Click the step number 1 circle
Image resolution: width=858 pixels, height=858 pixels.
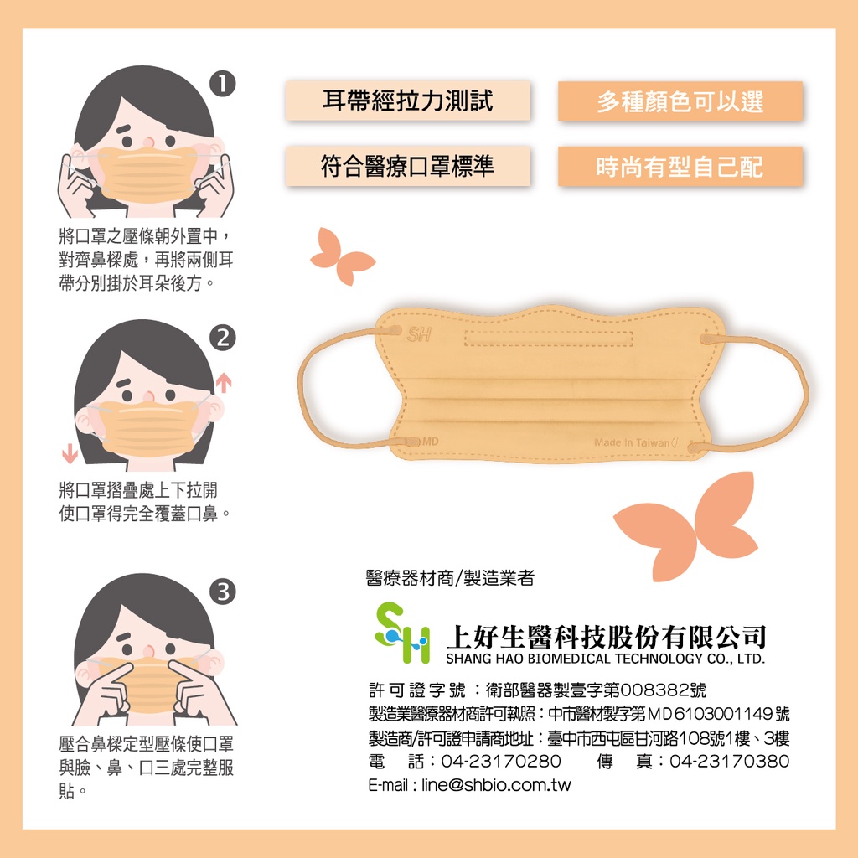pyautogui.click(x=223, y=84)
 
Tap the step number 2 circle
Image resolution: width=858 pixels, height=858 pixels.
pyautogui.click(x=223, y=338)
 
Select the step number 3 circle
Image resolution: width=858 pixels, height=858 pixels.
pyautogui.click(x=223, y=592)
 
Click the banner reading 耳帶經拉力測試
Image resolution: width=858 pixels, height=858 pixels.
pyautogui.click(x=407, y=101)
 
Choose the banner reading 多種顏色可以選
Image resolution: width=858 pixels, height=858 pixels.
pyautogui.click(x=680, y=101)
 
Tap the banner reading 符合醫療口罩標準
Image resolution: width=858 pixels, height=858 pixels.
pyautogui.click(x=407, y=166)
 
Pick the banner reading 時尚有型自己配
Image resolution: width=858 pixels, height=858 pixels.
pyautogui.click(x=680, y=167)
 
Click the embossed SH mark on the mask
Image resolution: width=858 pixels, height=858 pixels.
pyautogui.click(x=419, y=334)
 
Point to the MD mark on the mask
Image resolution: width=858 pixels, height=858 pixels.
pyautogui.click(x=431, y=442)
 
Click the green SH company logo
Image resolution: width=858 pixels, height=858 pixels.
pyautogui.click(x=402, y=633)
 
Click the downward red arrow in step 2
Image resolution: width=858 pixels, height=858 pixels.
pyautogui.click(x=70, y=453)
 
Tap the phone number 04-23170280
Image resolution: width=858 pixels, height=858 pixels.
pyautogui.click(x=501, y=761)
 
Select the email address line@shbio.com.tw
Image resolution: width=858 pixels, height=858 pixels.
pyautogui.click(x=496, y=785)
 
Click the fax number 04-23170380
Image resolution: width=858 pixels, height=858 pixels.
pyautogui.click(x=730, y=761)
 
